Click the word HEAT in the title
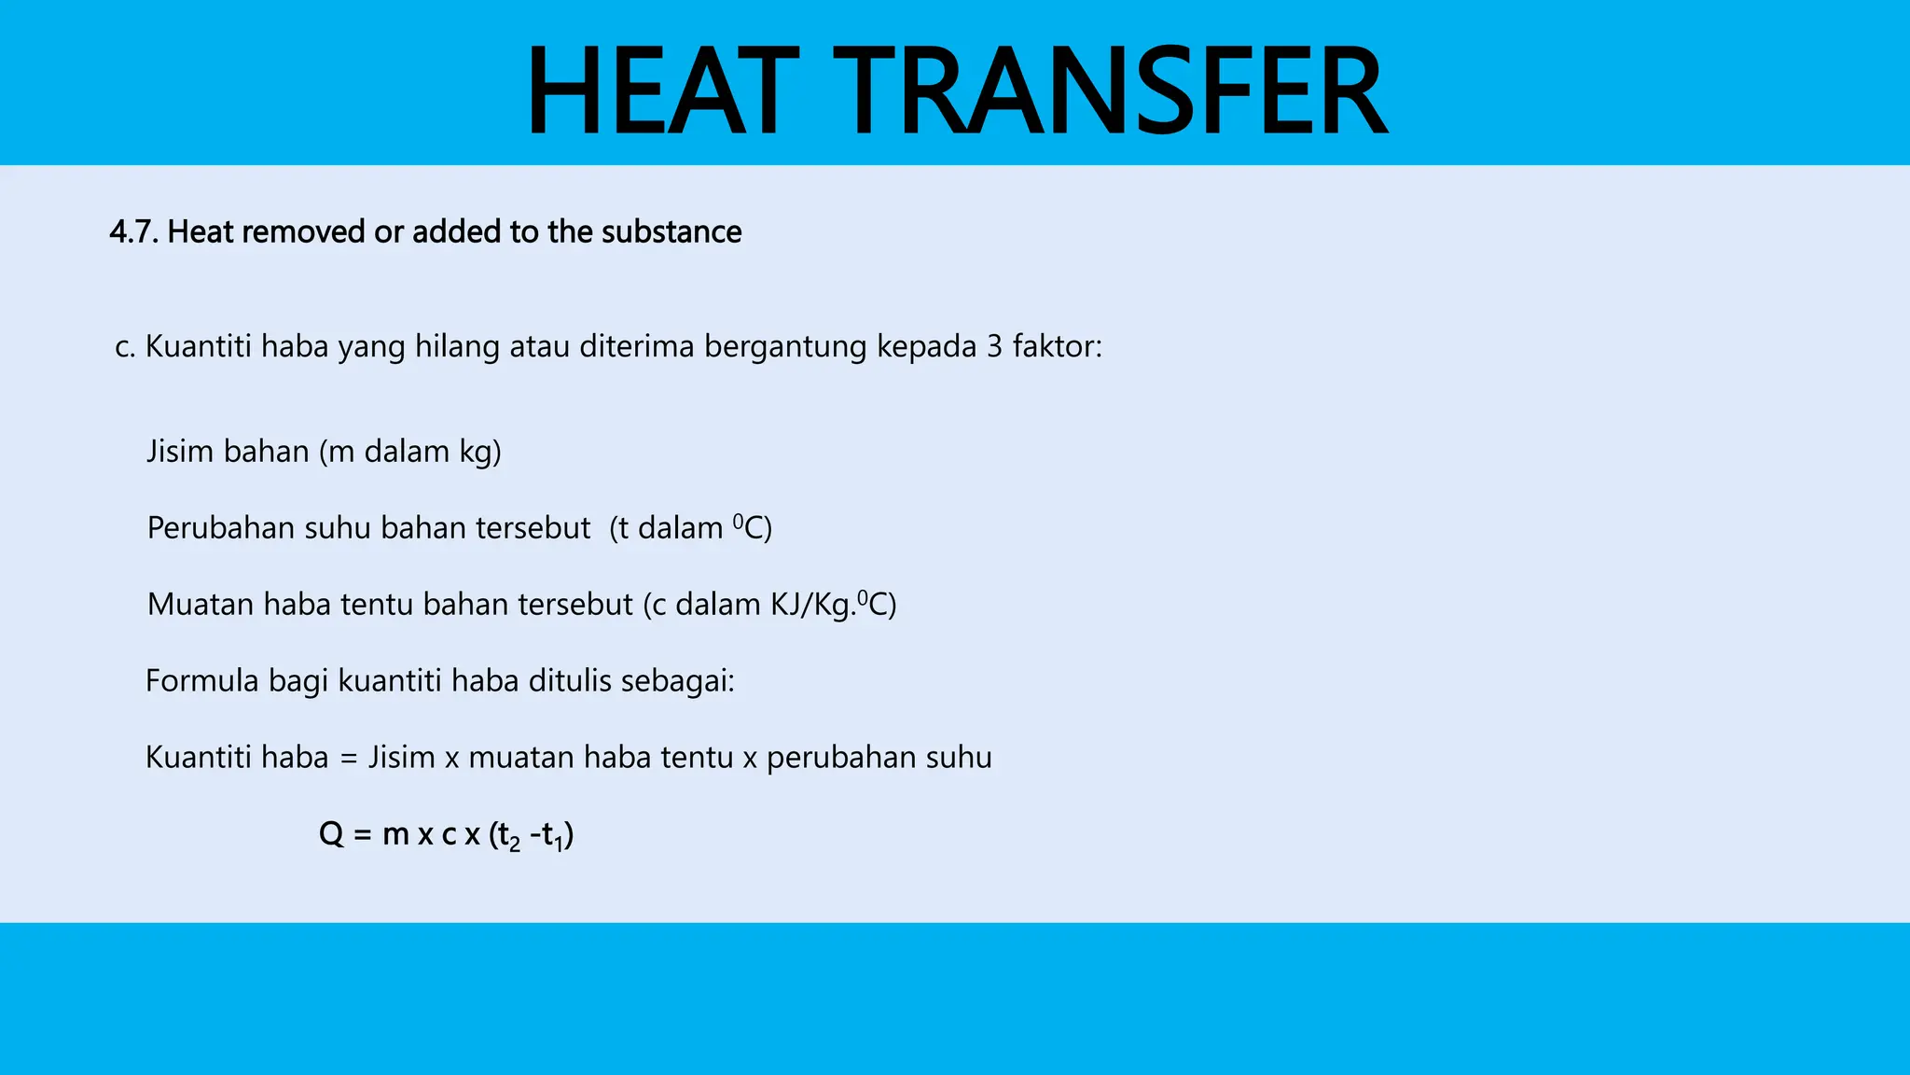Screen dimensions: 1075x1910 click(x=662, y=91)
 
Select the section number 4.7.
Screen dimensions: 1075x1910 click(x=134, y=231)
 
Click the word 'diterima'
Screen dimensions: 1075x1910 click(x=637, y=347)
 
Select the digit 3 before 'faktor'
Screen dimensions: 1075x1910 click(x=994, y=347)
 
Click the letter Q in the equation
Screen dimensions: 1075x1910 click(x=331, y=833)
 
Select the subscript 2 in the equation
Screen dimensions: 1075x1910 click(x=515, y=845)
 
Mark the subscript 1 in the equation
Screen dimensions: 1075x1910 click(x=559, y=845)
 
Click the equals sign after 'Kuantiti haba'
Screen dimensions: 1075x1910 click(x=349, y=759)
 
